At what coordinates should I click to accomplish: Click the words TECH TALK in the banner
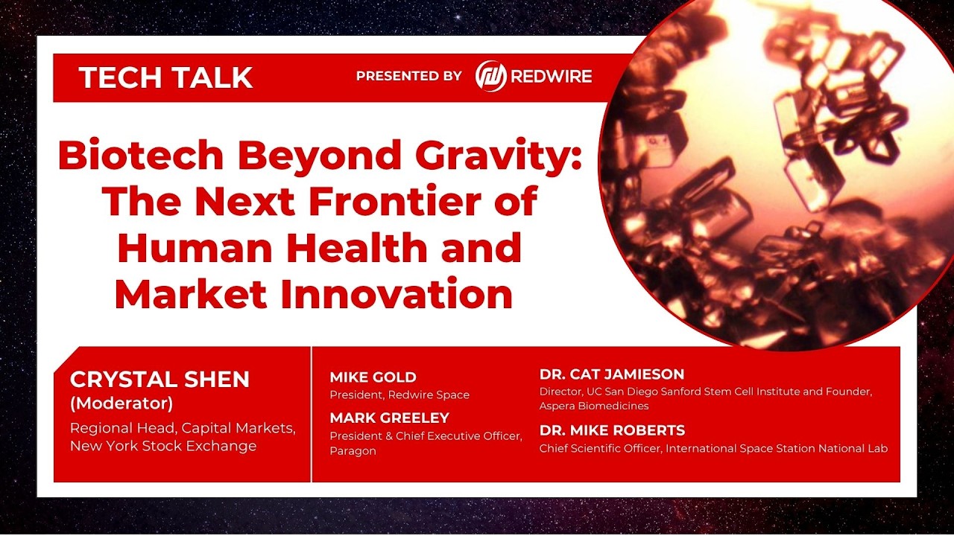coord(165,77)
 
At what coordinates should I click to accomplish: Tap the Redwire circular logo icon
coord(491,76)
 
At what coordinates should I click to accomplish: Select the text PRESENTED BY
coord(408,76)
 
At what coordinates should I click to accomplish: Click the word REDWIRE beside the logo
coord(552,76)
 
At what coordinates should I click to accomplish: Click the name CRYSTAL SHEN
coord(159,379)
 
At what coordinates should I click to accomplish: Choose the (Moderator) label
coord(121,403)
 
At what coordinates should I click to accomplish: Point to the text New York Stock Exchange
coord(163,446)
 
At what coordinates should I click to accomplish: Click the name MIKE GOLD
coord(373,377)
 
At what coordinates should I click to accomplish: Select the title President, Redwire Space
coord(399,395)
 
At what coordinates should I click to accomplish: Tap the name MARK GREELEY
coord(389,418)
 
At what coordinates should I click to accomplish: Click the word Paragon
coord(353,450)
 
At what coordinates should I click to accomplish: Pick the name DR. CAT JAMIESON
coord(611,374)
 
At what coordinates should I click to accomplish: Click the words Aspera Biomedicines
coord(594,406)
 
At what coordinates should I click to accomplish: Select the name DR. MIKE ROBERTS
coord(612,430)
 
